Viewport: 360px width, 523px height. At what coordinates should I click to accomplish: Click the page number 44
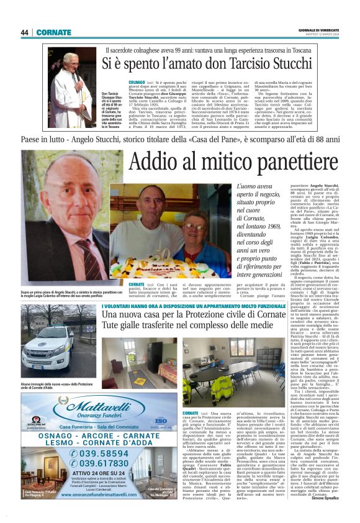(24, 32)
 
